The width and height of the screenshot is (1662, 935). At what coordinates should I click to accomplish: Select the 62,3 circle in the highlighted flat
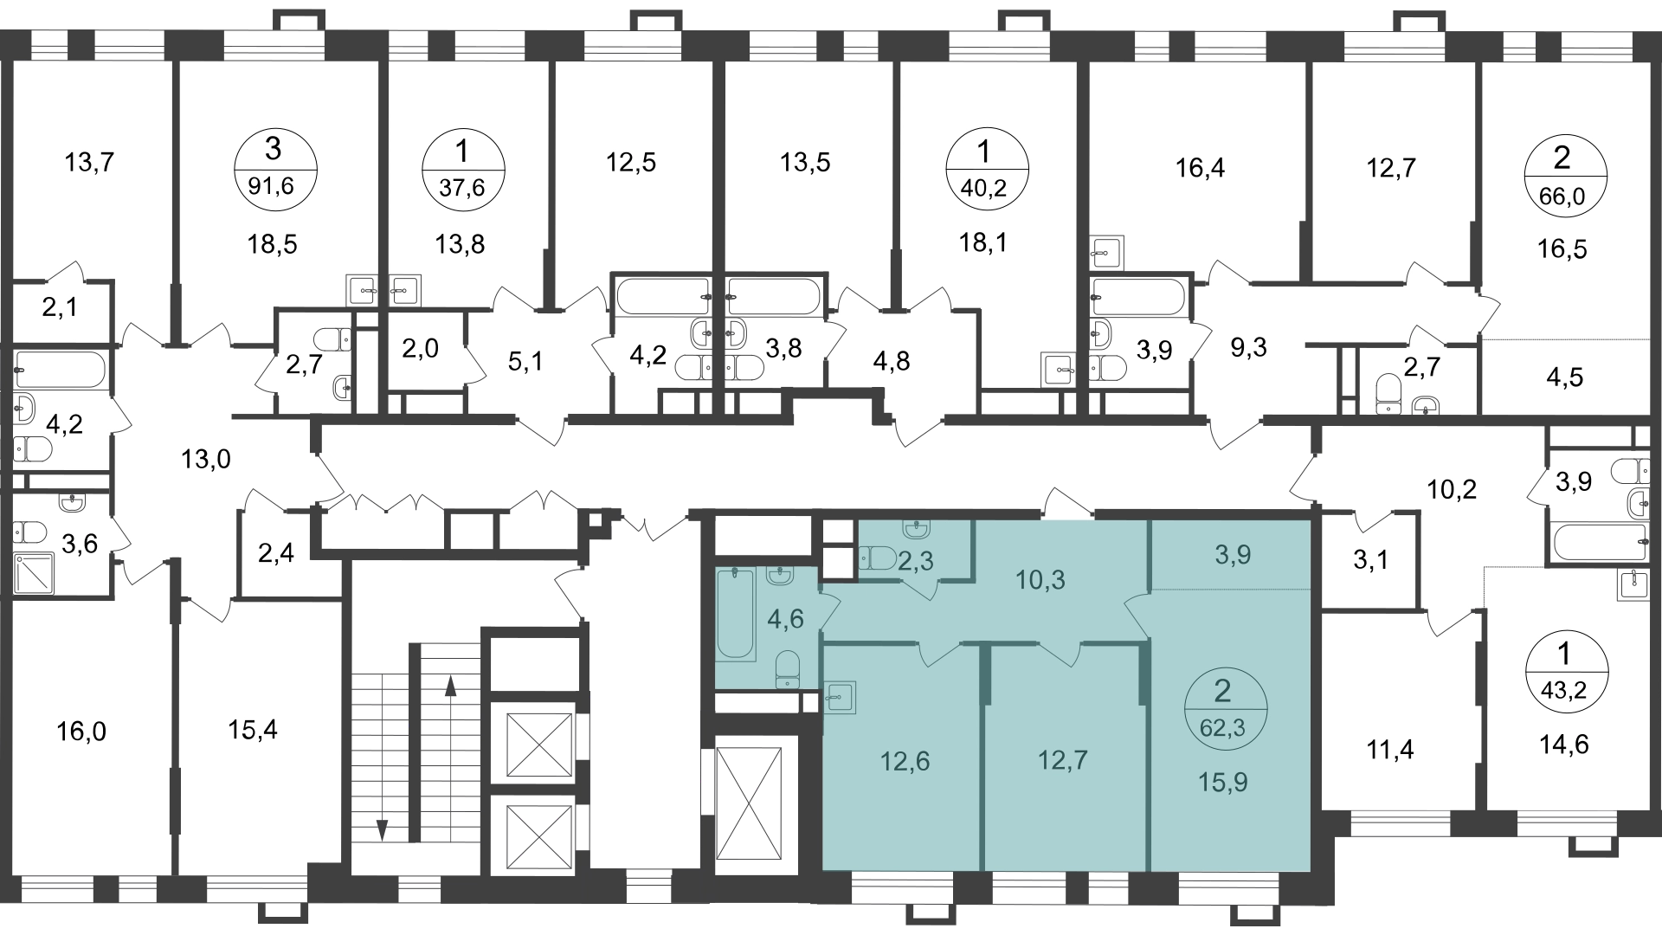(1224, 708)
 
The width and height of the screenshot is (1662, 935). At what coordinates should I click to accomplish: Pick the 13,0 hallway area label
(207, 459)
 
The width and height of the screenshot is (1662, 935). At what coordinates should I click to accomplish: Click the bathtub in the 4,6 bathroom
(738, 615)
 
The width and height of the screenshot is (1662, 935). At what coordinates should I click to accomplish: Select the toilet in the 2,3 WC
(879, 558)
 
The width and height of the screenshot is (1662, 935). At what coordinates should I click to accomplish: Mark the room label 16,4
(1201, 169)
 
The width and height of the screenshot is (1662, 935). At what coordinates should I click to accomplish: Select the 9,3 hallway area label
(1247, 348)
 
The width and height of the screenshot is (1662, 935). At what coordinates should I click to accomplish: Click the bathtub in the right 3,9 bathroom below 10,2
(1601, 545)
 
